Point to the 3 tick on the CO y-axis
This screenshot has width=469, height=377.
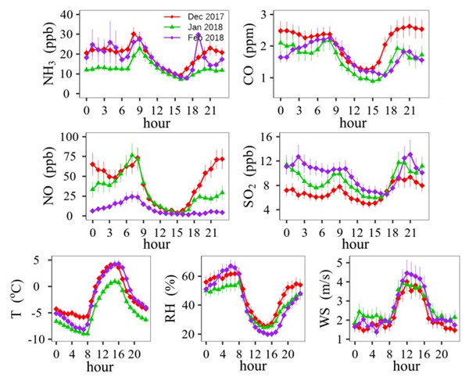coord(288,15)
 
